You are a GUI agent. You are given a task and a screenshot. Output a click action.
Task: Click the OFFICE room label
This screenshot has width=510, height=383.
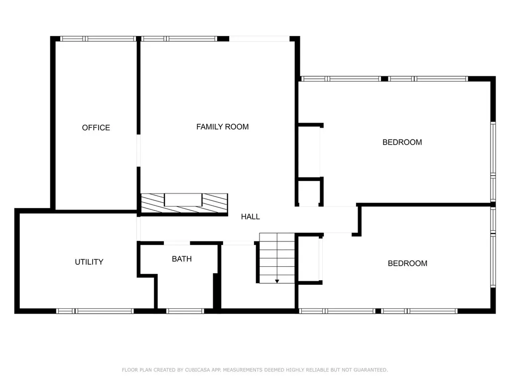pyautogui.click(x=96, y=128)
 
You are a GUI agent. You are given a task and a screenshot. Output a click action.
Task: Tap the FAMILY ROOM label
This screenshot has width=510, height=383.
pyautogui.click(x=223, y=127)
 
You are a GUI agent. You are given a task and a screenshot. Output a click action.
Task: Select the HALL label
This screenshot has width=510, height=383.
pyautogui.click(x=251, y=216)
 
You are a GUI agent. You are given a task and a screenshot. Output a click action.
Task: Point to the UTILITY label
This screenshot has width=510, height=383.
pyautogui.click(x=89, y=262)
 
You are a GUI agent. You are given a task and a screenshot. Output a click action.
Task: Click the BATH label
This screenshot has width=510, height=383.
pyautogui.click(x=182, y=259)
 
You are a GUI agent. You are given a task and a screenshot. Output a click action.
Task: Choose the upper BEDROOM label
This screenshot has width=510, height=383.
pyautogui.click(x=402, y=142)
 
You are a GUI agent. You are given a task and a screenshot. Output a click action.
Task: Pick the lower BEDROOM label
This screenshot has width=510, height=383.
pyautogui.click(x=407, y=263)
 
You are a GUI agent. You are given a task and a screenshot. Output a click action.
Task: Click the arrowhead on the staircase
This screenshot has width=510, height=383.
pyautogui.click(x=277, y=281)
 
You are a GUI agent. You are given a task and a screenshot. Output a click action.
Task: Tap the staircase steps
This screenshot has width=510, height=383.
pyautogui.click(x=277, y=258)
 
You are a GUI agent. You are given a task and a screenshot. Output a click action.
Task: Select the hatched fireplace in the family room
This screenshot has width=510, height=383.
pyautogui.click(x=184, y=203)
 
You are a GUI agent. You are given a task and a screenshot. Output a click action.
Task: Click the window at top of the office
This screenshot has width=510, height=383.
pyautogui.click(x=98, y=39)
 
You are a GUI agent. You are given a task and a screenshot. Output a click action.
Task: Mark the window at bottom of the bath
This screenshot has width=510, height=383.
pyautogui.click(x=185, y=311)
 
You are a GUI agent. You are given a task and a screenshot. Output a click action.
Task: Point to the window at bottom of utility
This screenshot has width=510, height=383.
pyautogui.click(x=95, y=311)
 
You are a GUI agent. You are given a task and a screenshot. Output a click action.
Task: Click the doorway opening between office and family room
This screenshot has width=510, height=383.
pyautogui.click(x=138, y=151)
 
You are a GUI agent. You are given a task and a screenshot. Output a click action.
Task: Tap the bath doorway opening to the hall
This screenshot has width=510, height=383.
pyautogui.click(x=177, y=243)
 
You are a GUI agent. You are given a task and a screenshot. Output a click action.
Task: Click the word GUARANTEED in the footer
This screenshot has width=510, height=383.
pyautogui.click(x=371, y=370)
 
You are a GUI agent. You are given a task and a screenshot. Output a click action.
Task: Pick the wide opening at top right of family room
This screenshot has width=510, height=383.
pyautogui.click(x=259, y=39)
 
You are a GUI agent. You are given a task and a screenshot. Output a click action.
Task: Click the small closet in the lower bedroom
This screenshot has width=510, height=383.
pyautogui.click(x=309, y=259)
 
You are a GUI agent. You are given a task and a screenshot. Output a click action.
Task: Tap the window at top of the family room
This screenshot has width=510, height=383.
pyautogui.click(x=179, y=39)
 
